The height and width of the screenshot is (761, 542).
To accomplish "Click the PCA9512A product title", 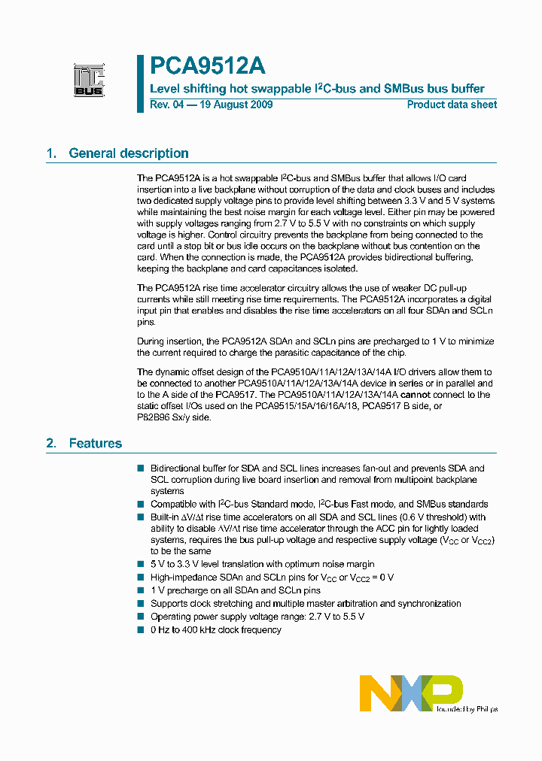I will pyautogui.click(x=207, y=66).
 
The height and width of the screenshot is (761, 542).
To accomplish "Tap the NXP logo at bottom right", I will pyautogui.click(x=411, y=693).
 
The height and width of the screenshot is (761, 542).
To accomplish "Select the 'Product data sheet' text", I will pyautogui.click(x=452, y=105).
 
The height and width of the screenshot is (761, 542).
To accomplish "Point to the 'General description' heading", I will pyautogui.click(x=129, y=153).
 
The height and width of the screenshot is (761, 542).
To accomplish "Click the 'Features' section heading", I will pyautogui.click(x=96, y=444).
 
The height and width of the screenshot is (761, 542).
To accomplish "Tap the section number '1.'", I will pyautogui.click(x=51, y=153).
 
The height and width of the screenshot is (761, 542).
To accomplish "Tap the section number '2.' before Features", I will pyautogui.click(x=51, y=444).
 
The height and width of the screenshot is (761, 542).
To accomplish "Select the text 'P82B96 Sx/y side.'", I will pyautogui.click(x=175, y=417).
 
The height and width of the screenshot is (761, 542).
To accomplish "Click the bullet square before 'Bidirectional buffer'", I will pyautogui.click(x=140, y=468).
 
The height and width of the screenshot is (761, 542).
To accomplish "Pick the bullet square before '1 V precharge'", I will pyautogui.click(x=140, y=590).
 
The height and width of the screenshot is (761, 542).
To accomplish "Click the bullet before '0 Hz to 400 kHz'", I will pyautogui.click(x=140, y=629).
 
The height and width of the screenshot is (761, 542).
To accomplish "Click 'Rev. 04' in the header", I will pyautogui.click(x=166, y=105).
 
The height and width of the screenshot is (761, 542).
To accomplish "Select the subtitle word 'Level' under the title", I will pyautogui.click(x=165, y=88).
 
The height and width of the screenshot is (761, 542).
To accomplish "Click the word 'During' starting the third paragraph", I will pyautogui.click(x=151, y=341).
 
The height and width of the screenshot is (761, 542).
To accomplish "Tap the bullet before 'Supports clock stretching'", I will pyautogui.click(x=140, y=603).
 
